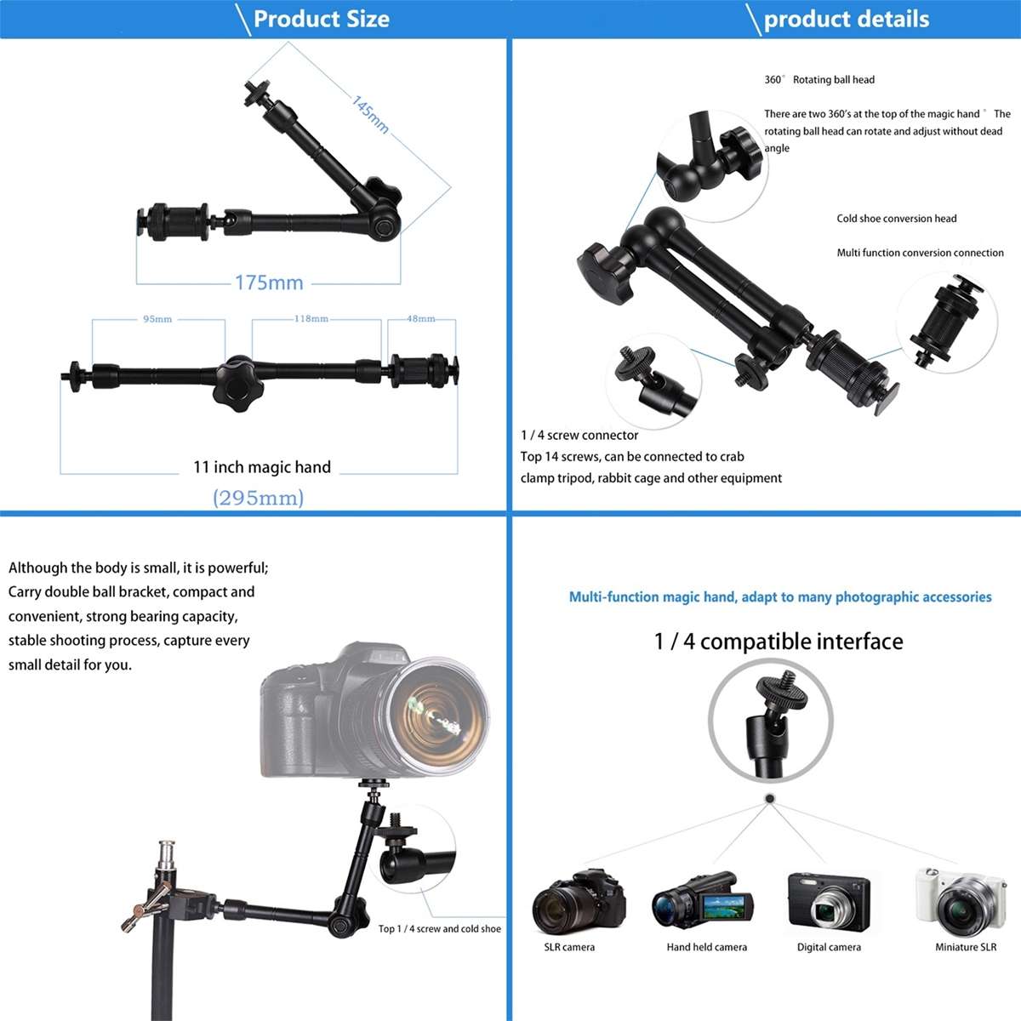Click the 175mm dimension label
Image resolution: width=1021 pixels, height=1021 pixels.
click(x=269, y=282)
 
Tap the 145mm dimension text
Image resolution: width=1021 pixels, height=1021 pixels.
click(x=370, y=114)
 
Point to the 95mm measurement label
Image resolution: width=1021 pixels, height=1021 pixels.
click(x=157, y=319)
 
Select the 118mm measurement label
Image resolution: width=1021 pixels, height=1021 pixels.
click(x=311, y=319)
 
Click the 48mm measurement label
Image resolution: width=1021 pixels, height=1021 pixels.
click(x=420, y=319)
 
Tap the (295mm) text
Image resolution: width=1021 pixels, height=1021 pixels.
click(x=258, y=498)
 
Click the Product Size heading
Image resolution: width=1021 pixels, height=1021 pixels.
click(x=321, y=19)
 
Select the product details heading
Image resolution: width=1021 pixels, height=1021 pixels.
click(x=846, y=19)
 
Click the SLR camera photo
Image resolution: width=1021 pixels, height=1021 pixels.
click(x=578, y=902)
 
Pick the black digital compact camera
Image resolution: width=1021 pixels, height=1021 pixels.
click(x=828, y=902)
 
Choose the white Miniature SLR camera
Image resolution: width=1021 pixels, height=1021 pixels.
click(x=960, y=902)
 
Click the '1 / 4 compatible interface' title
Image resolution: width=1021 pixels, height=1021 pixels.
click(x=779, y=641)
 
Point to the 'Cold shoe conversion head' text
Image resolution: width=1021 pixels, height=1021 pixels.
click(x=896, y=219)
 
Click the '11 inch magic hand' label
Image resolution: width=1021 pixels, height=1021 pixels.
click(x=262, y=467)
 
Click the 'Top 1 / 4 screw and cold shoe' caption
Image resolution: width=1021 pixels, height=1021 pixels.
click(x=439, y=929)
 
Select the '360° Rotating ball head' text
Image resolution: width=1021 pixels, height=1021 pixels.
click(x=819, y=80)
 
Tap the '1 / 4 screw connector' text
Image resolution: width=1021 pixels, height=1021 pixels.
click(x=579, y=435)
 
